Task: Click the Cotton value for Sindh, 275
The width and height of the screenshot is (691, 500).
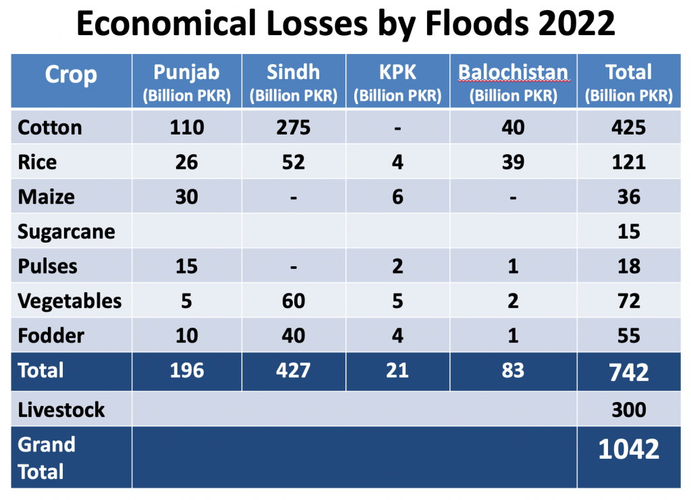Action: click(x=294, y=128)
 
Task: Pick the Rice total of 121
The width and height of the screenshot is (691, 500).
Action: click(x=629, y=162)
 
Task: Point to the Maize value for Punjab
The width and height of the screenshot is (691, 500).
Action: click(x=187, y=197)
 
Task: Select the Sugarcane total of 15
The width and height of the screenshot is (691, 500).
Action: click(x=629, y=232)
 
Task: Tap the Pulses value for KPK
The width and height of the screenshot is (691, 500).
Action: click(x=397, y=266)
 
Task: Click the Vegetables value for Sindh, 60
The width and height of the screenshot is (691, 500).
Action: click(x=294, y=301)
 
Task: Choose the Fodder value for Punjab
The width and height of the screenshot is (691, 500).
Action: click(x=187, y=336)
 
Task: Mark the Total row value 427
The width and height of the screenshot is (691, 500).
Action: click(x=294, y=370)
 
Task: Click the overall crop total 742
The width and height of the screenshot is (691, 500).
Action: click(x=629, y=372)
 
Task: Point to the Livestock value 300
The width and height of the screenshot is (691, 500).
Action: click(x=629, y=410)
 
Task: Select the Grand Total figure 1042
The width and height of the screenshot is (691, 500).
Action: click(x=629, y=449)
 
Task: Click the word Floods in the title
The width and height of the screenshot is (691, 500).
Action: click(x=477, y=24)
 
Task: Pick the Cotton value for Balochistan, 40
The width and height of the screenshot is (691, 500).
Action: click(x=513, y=128)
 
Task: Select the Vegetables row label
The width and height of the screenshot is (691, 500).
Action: click(x=70, y=301)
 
